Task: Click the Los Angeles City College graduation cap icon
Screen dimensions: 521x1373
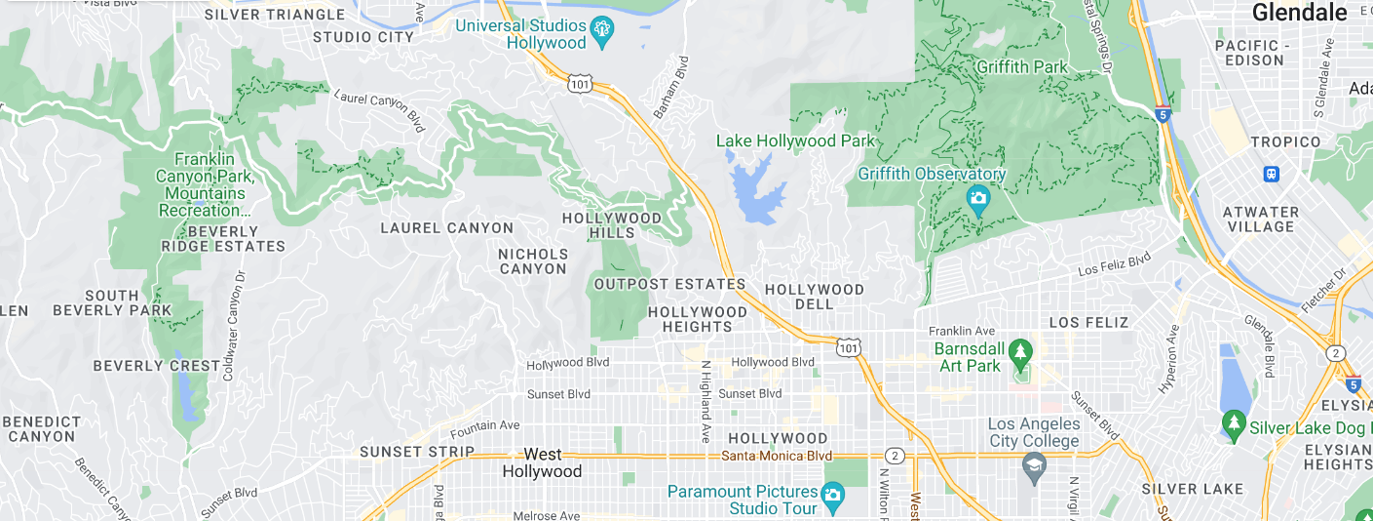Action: click(x=1033, y=468)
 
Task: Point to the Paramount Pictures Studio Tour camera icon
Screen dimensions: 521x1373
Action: click(x=831, y=496)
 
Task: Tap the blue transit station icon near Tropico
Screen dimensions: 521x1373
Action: click(x=1271, y=174)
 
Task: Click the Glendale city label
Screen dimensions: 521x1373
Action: click(x=1299, y=13)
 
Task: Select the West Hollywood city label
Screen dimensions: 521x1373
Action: click(x=542, y=462)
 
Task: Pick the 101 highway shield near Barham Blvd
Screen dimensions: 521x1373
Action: click(x=580, y=85)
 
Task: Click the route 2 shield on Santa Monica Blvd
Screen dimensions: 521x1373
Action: click(x=894, y=456)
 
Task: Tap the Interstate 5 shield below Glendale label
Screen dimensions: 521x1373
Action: click(x=1163, y=114)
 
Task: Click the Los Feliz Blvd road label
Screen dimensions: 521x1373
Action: click(x=1114, y=263)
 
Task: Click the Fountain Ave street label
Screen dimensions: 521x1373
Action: click(x=484, y=426)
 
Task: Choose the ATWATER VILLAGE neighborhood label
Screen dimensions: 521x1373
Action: click(x=1262, y=219)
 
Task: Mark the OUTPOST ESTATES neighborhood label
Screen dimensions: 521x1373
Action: click(x=668, y=284)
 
